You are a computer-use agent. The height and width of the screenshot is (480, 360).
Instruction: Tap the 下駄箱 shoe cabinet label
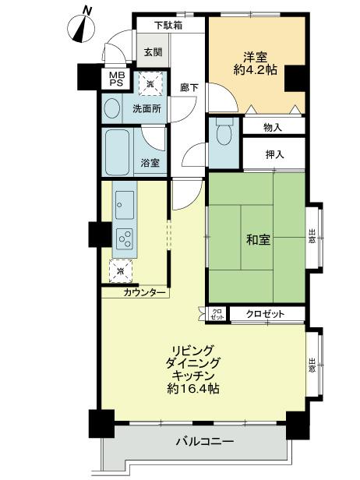coord(168,25)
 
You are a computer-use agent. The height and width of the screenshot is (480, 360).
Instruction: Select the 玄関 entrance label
coord(153,52)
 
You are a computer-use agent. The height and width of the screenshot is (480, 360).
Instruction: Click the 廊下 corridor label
coord(189,87)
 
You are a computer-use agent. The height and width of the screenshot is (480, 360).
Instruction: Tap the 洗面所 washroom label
coord(146,110)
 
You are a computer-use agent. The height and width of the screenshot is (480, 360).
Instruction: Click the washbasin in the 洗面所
coord(112,109)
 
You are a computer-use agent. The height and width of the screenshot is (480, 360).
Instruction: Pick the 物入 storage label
coord(273,126)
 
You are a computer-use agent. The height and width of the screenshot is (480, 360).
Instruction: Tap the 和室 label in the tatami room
coord(259,239)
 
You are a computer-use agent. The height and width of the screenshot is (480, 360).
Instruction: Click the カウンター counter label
coord(144,292)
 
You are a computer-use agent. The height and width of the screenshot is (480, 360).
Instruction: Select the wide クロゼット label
coord(264,313)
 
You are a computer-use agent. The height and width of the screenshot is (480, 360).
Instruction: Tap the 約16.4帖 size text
coord(192,387)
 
